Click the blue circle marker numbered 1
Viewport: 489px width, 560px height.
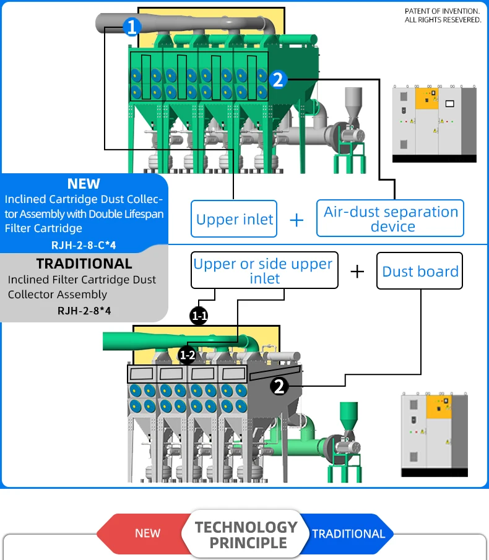click(132, 26)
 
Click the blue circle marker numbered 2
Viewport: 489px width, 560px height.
click(277, 79)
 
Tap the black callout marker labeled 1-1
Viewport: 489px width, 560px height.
click(199, 316)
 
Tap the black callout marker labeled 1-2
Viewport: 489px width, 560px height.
click(187, 355)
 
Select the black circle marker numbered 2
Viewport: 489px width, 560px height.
click(279, 386)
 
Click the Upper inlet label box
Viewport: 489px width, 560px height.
click(234, 219)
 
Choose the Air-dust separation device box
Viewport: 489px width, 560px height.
click(391, 218)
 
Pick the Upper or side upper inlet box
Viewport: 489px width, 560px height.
click(264, 270)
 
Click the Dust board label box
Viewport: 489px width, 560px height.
click(420, 271)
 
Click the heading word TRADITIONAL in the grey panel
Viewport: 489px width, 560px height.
click(84, 264)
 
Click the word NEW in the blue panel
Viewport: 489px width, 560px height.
click(84, 184)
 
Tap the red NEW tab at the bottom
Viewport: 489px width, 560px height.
click(147, 533)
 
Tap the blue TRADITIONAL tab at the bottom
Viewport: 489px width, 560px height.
click(348, 533)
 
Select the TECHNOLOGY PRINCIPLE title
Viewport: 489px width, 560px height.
click(247, 535)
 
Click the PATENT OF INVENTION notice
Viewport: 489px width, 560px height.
click(443, 15)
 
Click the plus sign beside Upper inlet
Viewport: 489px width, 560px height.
click(296, 220)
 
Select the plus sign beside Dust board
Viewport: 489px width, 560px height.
click(357, 271)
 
